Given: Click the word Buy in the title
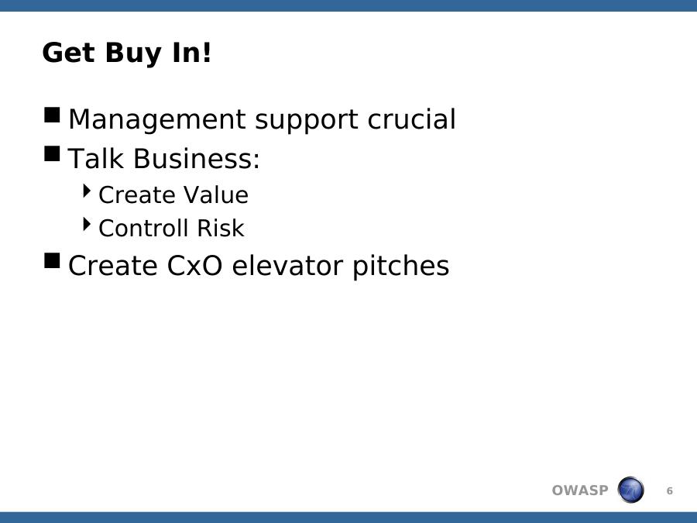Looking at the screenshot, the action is [x=133, y=53].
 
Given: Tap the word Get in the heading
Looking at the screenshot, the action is [x=68, y=53].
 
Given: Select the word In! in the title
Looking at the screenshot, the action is [x=191, y=53].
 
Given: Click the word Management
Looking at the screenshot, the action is [x=156, y=119].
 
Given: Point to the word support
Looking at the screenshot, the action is [x=306, y=120].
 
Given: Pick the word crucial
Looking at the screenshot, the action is [x=412, y=119].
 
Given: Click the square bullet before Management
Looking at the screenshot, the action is [x=52, y=115].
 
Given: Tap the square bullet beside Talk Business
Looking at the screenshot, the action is [x=52, y=154].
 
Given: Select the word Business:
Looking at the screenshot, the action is [x=197, y=158].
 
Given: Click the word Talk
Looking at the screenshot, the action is [x=95, y=158].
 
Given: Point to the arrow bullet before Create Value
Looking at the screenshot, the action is [x=87, y=191].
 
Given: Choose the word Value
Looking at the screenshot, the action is [x=216, y=194].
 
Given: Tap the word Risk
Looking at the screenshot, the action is [x=221, y=228].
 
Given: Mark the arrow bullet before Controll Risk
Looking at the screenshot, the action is [x=87, y=225].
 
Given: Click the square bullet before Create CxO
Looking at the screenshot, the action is [x=52, y=260].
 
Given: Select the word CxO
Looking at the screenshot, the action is [x=194, y=266].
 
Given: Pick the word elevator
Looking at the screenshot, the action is [x=287, y=266].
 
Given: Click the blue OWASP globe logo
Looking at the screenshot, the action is [x=630, y=490].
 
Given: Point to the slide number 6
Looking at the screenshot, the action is [x=669, y=491].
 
